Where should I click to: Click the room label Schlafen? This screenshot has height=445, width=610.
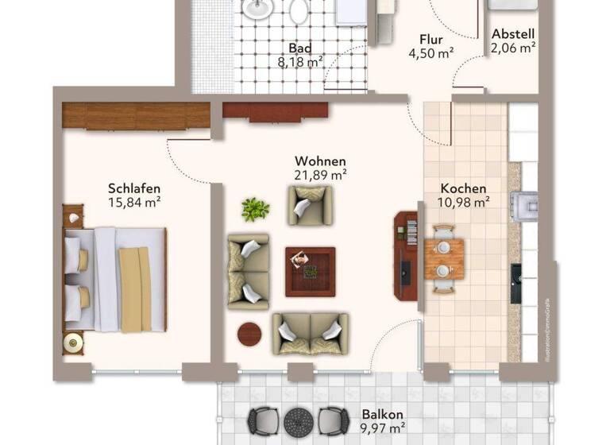(x=135, y=188)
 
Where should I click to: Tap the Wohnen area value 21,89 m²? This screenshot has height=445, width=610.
(x=320, y=173)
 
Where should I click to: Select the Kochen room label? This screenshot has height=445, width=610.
(x=464, y=188)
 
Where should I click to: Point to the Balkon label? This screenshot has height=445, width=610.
(x=383, y=414)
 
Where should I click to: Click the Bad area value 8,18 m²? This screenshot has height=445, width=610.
(x=299, y=60)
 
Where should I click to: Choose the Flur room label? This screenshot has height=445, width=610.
(x=431, y=40)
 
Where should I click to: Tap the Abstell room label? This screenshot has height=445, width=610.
(x=513, y=34)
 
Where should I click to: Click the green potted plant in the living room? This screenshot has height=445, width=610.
(x=255, y=209)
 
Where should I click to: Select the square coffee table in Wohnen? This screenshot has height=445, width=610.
(x=310, y=271)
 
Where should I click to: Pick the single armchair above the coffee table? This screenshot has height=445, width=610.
(x=310, y=203)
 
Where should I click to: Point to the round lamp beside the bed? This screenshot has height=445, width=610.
(x=73, y=342)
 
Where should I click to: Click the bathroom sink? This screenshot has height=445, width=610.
(x=256, y=9)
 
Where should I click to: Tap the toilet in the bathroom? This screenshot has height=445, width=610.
(x=299, y=10)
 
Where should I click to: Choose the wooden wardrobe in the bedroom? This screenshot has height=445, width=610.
(x=136, y=116)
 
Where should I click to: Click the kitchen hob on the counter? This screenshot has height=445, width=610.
(x=523, y=203)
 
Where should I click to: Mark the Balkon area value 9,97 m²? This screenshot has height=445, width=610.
(x=383, y=429)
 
